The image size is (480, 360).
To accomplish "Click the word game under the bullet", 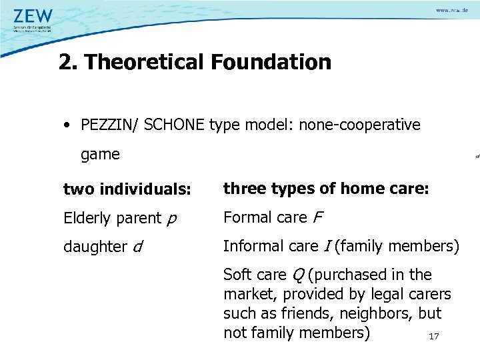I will pyautogui.click(x=100, y=155).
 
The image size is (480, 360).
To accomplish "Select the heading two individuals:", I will pyautogui.click(x=127, y=189).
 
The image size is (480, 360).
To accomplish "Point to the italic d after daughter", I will pyautogui.click(x=137, y=247).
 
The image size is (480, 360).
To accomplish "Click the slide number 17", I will pyautogui.click(x=434, y=337).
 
